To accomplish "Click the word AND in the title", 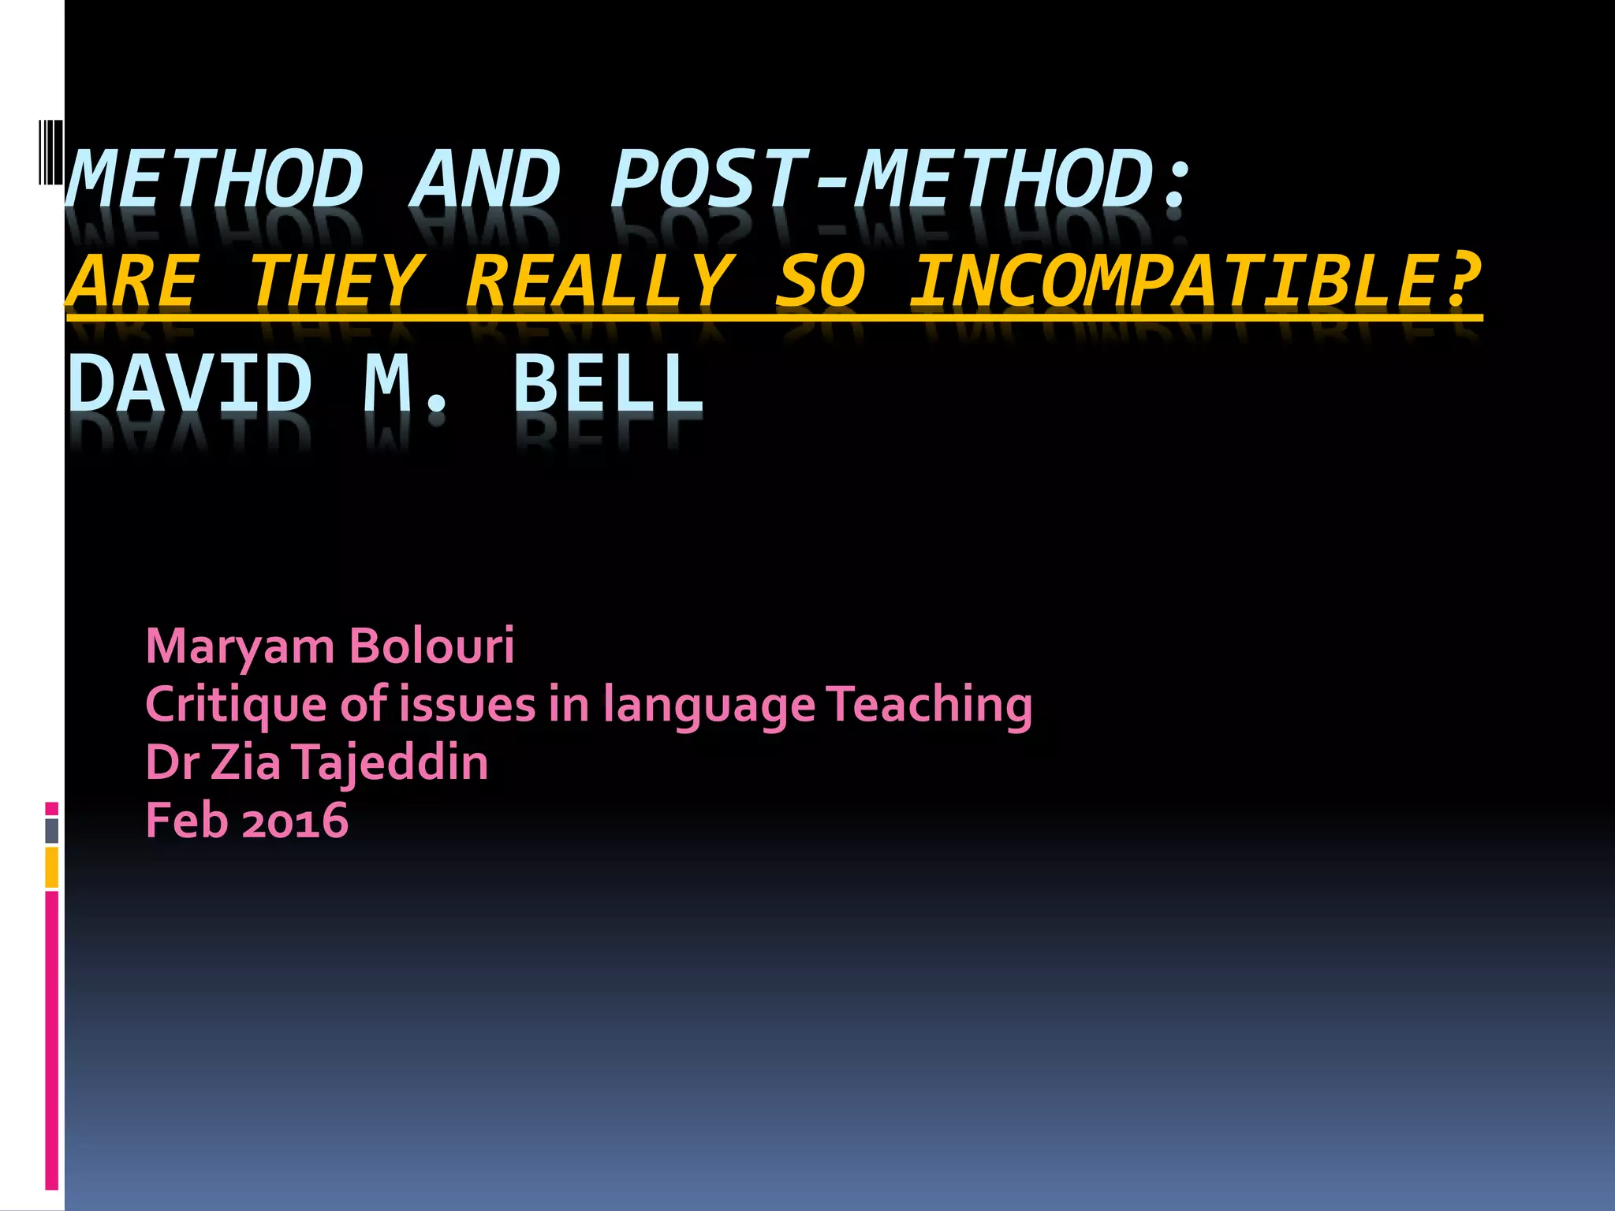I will click(484, 180).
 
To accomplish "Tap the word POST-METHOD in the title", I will click(897, 180).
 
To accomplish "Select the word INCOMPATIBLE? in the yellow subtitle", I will click(1195, 281).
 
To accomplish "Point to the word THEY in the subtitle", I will click(336, 281).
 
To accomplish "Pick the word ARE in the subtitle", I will click(132, 281).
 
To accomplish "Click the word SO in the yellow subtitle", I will click(820, 281).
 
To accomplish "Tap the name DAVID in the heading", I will click(190, 383).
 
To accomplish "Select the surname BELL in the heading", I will click(608, 383).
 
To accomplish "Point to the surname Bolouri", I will click(431, 646).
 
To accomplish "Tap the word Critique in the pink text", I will click(237, 705).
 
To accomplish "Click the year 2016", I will click(295, 821).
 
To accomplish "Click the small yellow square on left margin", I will click(52, 867).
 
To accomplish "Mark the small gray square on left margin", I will click(52, 831).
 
